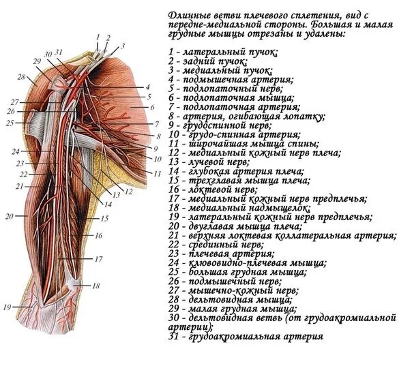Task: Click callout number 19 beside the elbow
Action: coord(7,307)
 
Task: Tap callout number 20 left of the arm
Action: coord(8,216)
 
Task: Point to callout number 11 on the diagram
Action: coord(156,173)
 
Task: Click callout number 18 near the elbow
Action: coord(96,286)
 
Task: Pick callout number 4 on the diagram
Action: coord(147,87)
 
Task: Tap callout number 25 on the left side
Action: coord(9,123)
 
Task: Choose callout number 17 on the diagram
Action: coord(98,259)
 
